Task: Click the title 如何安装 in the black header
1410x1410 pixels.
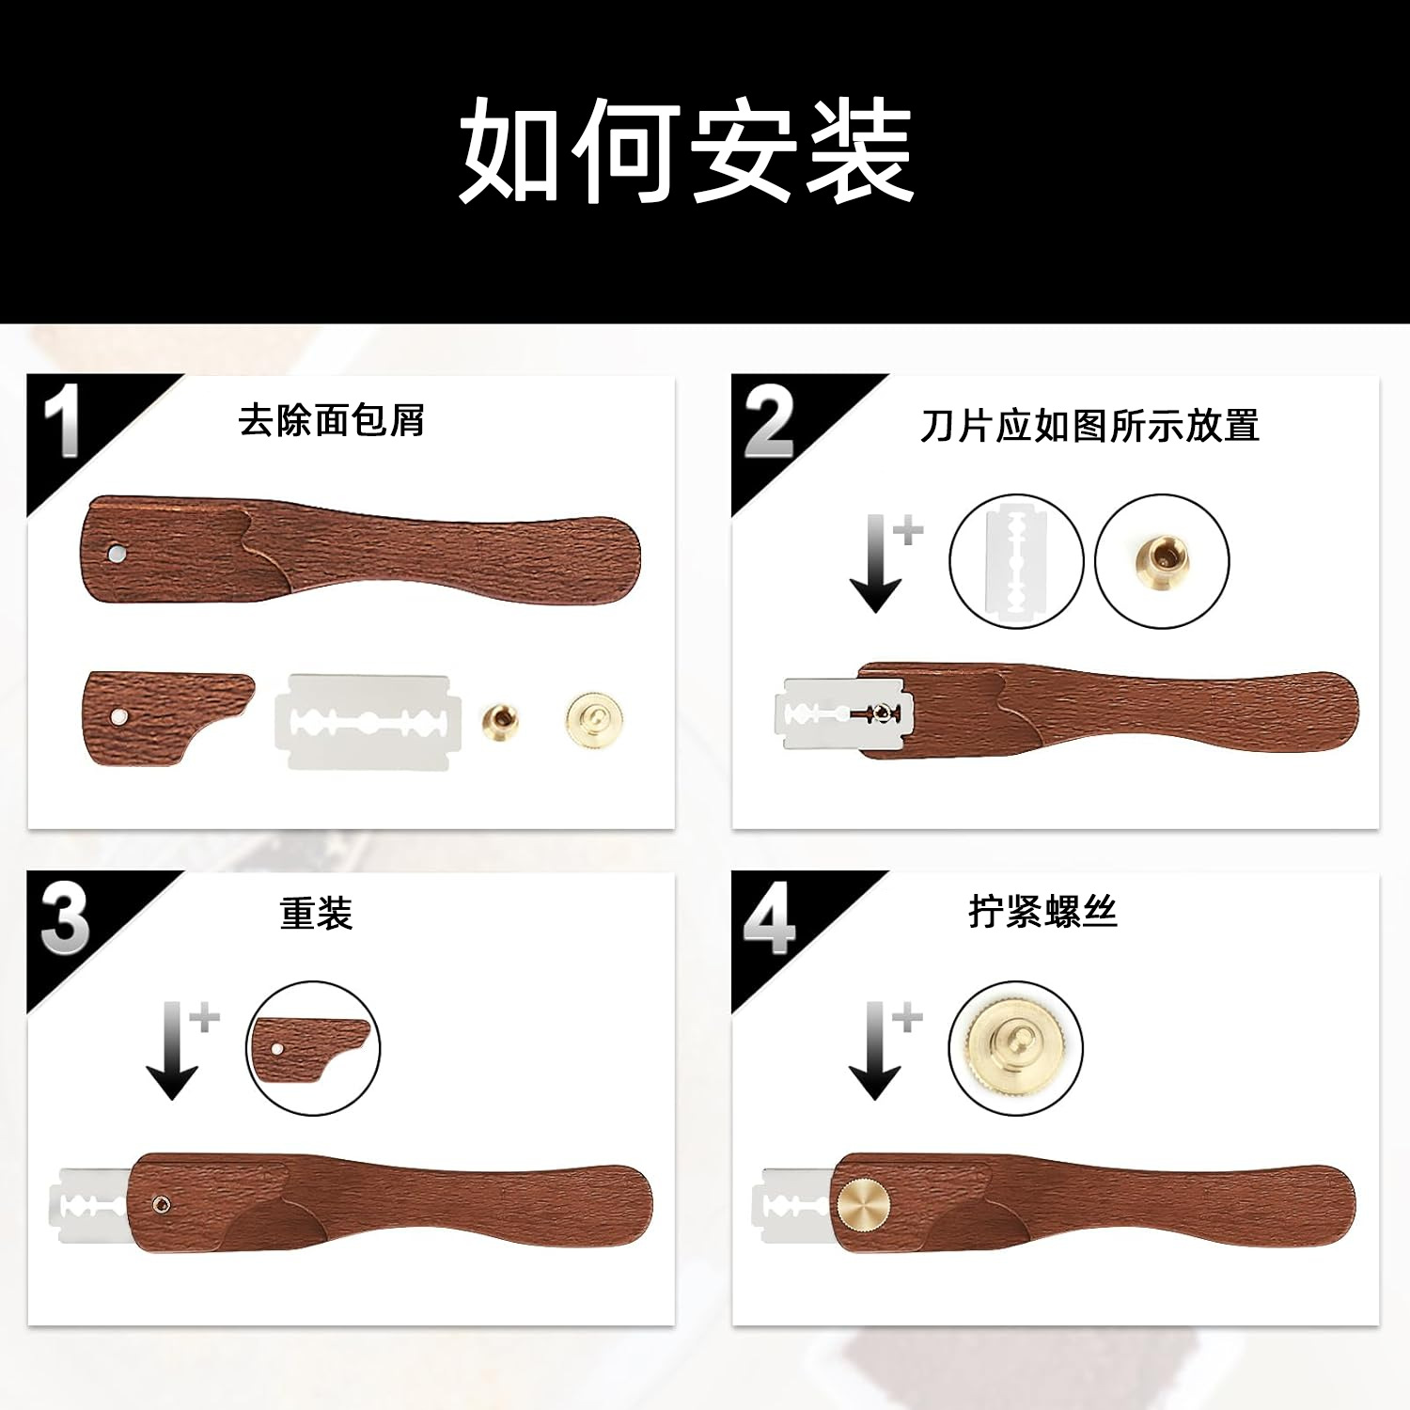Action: click(x=686, y=150)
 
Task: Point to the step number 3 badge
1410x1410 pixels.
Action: click(x=64, y=918)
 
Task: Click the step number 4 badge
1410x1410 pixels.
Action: click(x=769, y=919)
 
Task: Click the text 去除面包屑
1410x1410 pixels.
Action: click(x=331, y=420)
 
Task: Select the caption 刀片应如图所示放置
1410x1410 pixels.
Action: click(x=1089, y=426)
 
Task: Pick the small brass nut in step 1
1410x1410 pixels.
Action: click(x=497, y=721)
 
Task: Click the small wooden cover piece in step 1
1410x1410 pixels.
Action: click(x=164, y=717)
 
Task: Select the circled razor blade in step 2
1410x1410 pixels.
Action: click(x=1016, y=561)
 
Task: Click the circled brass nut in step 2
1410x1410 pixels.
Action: click(x=1163, y=561)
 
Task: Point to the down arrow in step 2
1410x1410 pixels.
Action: click(x=875, y=564)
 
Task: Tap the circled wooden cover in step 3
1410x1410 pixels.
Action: click(x=313, y=1048)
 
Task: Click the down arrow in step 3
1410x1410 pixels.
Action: click(x=172, y=1051)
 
